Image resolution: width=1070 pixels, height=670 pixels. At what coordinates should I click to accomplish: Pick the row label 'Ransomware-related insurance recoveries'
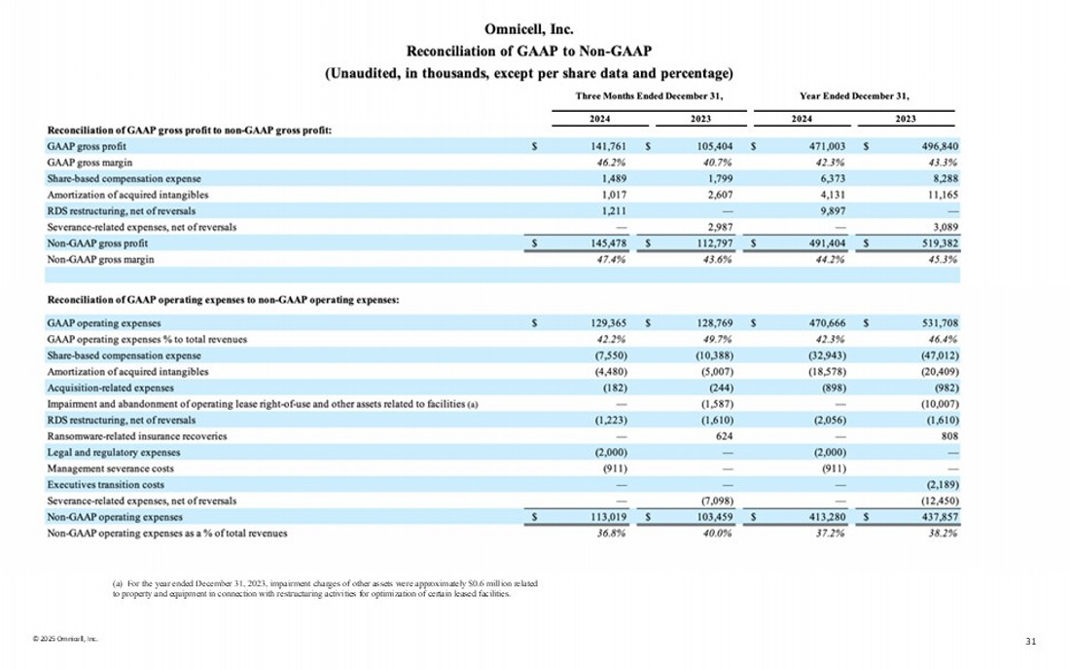click(x=136, y=436)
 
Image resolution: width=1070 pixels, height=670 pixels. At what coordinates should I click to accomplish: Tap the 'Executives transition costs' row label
click(x=105, y=484)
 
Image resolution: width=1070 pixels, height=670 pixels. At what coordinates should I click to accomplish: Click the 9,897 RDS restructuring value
click(x=830, y=211)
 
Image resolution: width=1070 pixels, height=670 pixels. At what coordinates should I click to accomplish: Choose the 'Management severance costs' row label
click(x=106, y=468)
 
